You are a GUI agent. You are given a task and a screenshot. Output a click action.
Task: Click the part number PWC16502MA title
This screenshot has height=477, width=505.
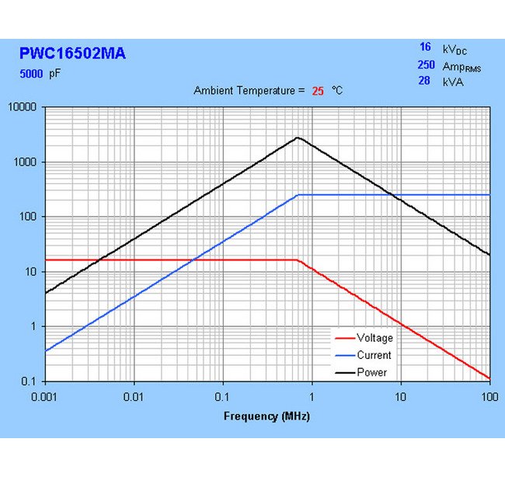(x=71, y=54)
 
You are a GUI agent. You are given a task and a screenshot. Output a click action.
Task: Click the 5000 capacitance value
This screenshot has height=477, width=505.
(x=32, y=75)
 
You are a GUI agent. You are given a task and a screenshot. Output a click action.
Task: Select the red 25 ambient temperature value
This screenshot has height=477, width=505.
(x=318, y=91)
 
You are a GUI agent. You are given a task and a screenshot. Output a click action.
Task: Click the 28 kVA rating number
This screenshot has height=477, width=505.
(x=424, y=81)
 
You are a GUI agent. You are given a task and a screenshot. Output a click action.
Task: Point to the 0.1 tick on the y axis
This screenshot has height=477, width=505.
(x=31, y=381)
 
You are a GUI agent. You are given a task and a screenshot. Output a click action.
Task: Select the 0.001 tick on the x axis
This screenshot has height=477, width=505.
(x=45, y=397)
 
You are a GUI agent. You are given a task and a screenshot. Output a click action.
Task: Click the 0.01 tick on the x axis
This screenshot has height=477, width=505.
(x=134, y=397)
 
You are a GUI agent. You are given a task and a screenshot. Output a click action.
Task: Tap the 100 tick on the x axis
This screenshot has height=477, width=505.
(x=489, y=397)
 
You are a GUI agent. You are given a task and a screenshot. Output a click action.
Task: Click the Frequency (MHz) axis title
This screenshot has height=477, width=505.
(x=266, y=416)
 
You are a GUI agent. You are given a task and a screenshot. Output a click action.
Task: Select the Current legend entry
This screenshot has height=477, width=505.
(x=374, y=355)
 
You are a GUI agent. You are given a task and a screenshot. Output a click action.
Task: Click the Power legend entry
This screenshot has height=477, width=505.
(x=371, y=372)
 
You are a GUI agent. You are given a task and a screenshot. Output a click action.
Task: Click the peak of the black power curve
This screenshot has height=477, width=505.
(x=298, y=138)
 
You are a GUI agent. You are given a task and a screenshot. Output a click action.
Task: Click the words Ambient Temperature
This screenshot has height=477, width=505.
(x=244, y=91)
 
